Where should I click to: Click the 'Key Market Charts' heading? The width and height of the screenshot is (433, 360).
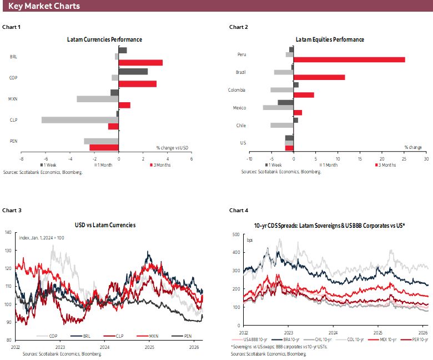44,6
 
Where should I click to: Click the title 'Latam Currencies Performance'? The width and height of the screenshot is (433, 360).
104,40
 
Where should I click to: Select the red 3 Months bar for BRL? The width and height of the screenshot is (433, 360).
140,63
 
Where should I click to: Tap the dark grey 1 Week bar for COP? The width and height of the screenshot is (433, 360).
133,72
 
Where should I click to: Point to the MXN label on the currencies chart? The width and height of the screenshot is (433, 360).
13,98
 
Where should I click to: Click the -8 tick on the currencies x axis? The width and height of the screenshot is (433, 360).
21,158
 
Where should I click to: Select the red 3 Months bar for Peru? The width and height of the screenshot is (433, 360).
349,59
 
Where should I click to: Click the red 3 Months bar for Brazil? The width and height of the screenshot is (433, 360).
319,77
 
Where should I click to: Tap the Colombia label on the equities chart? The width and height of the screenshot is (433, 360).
237,90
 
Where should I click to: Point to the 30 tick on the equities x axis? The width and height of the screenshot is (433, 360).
426,158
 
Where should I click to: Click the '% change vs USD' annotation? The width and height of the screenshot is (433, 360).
173,147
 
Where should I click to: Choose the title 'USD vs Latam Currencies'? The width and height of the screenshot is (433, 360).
105,225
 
